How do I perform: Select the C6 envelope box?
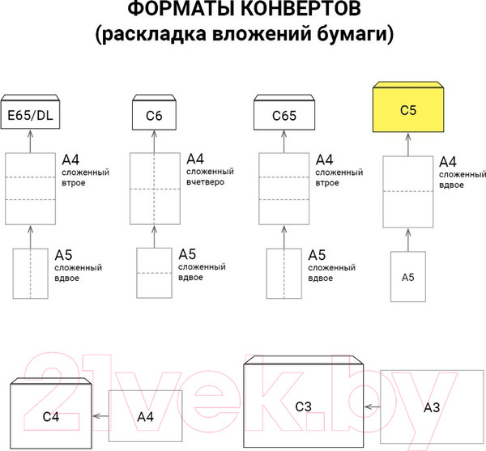tap(154, 116)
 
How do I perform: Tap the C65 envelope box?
tap(283, 116)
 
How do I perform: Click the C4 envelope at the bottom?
tap(51, 415)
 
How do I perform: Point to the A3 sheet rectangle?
tap(432, 408)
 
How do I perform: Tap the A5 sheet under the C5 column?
tap(408, 277)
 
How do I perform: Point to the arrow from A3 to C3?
tap(373, 407)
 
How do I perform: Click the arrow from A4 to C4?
tap(100, 415)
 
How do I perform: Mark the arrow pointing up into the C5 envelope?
tap(408, 144)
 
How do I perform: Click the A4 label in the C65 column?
tap(324, 160)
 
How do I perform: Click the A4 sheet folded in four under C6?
tap(155, 189)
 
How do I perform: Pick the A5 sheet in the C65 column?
tap(283, 273)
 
